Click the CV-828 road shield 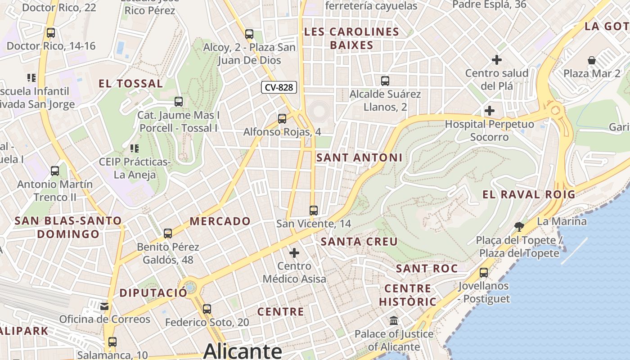pos(279,87)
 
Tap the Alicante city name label pos(243,351)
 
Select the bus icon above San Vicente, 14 pos(314,210)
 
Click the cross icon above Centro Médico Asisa pos(294,253)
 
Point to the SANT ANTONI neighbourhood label pos(359,157)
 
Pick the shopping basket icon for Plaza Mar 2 pos(592,60)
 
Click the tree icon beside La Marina pos(519,226)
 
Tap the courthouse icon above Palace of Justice pos(394,321)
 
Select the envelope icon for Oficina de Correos pos(104,306)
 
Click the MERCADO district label pos(220,221)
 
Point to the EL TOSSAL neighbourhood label pos(130,83)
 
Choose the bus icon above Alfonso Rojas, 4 pos(282,119)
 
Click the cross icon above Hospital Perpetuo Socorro pos(490,111)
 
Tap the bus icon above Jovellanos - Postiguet pos(484,273)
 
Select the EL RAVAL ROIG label pos(529,194)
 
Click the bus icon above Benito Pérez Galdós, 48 pos(168,234)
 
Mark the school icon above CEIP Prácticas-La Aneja pos(134,148)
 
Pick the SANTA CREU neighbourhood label pos(359,242)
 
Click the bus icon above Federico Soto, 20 pos(207,309)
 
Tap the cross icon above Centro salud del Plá pos(497,60)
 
